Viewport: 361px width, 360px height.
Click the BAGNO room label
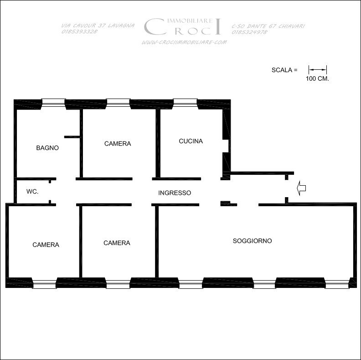(x=47, y=148)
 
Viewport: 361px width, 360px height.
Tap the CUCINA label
(x=191, y=141)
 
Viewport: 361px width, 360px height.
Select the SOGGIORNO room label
(x=253, y=241)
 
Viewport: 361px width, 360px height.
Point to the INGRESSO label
(x=175, y=193)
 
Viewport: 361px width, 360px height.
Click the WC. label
(x=32, y=192)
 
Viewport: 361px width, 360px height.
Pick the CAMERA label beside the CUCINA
(x=118, y=144)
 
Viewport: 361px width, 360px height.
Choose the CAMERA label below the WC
(x=46, y=245)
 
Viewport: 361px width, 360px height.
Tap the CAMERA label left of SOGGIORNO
(x=117, y=243)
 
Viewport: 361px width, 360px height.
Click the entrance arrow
(x=301, y=188)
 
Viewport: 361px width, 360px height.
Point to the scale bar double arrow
(x=318, y=70)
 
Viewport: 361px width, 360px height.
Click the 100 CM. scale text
(x=317, y=78)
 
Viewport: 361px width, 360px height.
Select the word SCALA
(x=282, y=70)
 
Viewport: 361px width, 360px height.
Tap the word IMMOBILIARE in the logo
(x=190, y=21)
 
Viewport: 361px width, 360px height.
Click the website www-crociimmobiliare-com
(x=184, y=42)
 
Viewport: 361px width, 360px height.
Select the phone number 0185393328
(x=79, y=31)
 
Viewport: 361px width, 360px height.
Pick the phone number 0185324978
(x=250, y=32)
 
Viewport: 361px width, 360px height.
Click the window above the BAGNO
(x=53, y=103)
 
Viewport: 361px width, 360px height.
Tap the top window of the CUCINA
(x=186, y=102)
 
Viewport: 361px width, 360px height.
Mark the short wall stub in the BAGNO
(x=72, y=137)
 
